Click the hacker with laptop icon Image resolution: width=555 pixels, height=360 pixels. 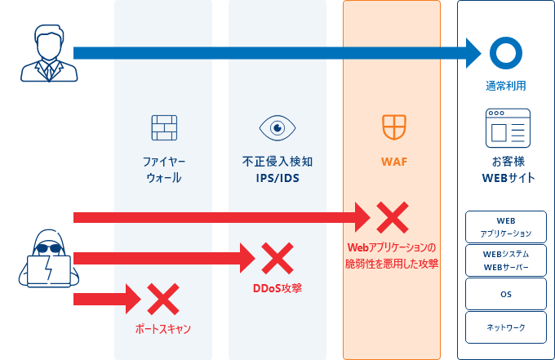45,259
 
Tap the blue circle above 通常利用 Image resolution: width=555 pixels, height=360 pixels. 505,53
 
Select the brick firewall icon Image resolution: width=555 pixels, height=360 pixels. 163,127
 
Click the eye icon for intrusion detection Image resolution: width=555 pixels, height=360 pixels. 277,127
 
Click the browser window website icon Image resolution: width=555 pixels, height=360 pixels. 507,127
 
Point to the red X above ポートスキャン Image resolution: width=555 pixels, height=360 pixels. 162,300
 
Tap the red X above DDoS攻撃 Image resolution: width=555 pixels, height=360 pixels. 277,259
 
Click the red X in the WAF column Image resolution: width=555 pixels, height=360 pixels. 391,217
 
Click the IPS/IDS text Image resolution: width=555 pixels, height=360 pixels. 277,177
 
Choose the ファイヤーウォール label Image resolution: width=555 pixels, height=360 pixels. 163,170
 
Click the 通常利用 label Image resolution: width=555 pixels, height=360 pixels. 506,86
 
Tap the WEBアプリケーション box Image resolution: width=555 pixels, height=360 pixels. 506,228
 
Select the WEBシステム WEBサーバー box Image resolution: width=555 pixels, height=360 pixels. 506,260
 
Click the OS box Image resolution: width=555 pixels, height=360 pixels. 506,293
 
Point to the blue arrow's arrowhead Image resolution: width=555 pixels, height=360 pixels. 473,53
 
